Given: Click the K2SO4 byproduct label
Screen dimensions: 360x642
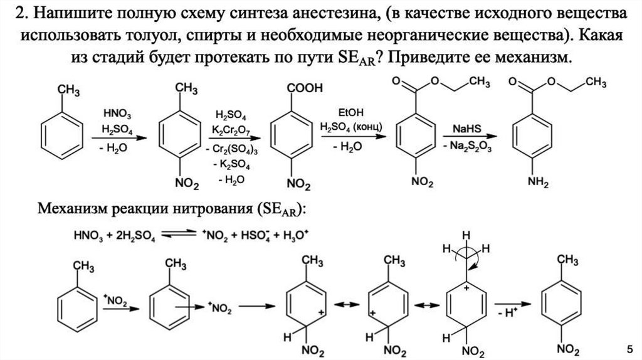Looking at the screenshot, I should click(x=231, y=166).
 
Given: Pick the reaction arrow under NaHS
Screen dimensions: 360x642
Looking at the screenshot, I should click(x=464, y=138).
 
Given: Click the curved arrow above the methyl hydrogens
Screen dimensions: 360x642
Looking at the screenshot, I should click(x=477, y=255).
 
